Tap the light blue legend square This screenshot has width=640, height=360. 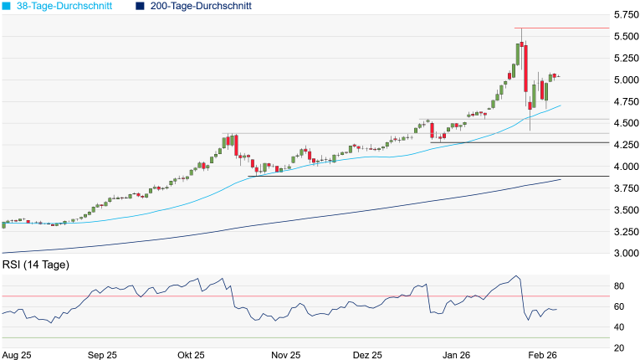pyautogui.click(x=8, y=6)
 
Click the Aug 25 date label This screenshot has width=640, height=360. pyautogui.click(x=17, y=354)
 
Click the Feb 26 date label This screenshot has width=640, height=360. pyautogui.click(x=541, y=354)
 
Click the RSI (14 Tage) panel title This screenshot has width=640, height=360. pyautogui.click(x=35, y=265)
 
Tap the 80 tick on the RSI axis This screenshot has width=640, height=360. pyautogui.click(x=620, y=286)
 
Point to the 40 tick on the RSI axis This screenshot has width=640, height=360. pyautogui.click(x=620, y=327)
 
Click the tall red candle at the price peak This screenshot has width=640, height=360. pyautogui.click(x=523, y=67)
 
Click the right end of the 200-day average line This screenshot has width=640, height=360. pyautogui.click(x=560, y=179)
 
